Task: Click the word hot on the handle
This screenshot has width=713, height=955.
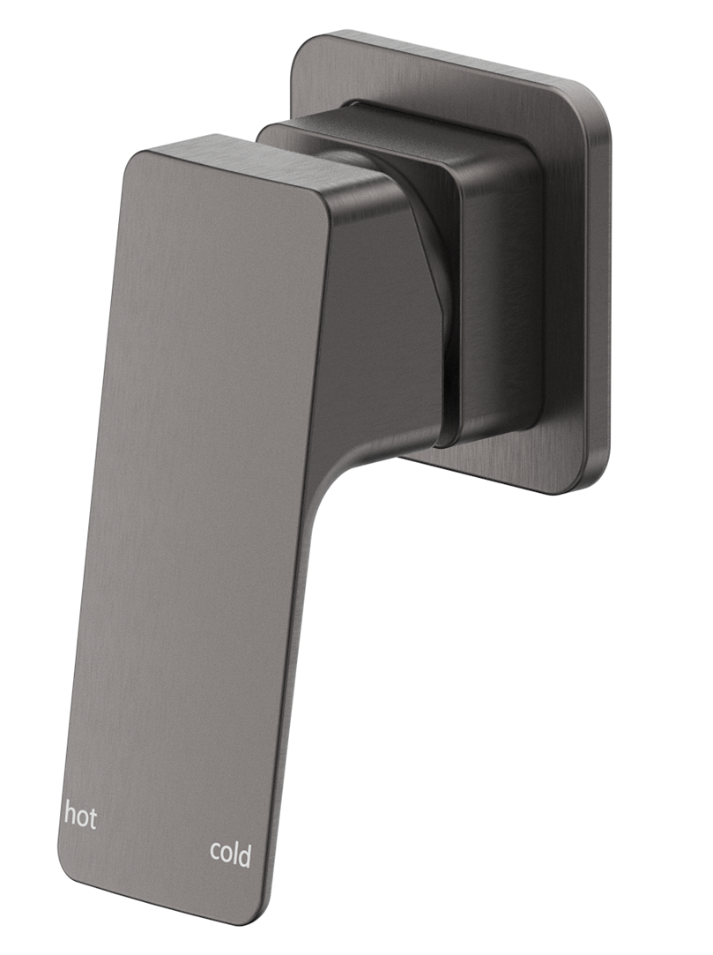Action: coord(79,814)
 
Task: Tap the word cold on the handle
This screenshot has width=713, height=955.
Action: coord(230,853)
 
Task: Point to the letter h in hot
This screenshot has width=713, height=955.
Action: coord(69,813)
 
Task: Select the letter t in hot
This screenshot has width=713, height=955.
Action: coord(92,815)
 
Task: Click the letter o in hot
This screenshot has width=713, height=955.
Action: coord(80,817)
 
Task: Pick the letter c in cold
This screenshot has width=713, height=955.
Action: coord(214,854)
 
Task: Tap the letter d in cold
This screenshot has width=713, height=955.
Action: coord(245,852)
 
